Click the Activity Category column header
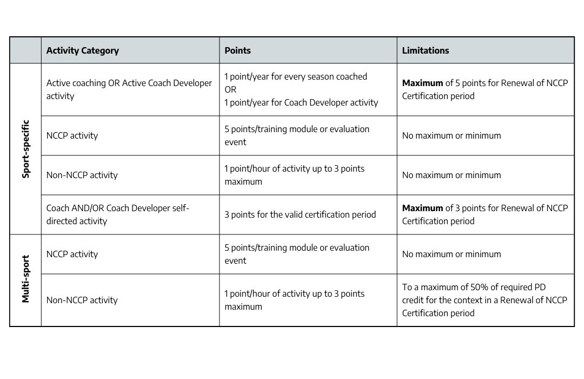pos(82,50)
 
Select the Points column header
pos(237,50)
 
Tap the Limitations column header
pos(425,50)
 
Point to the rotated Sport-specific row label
pos(25,149)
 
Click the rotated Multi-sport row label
pos(25,279)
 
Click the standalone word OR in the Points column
pos(230,89)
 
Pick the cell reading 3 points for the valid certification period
pos(300,214)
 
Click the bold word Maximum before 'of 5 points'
pos(422,83)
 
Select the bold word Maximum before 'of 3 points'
pos(422,208)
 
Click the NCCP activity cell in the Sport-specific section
pos(72,135)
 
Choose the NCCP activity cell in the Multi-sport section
pos(72,254)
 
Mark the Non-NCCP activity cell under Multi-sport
pos(82,300)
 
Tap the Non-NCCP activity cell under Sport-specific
pos(82,175)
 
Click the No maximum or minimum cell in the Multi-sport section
pos(451,254)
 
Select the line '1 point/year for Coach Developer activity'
pos(301,102)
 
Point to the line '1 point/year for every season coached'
pos(296,77)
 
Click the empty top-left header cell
pos(25,50)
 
